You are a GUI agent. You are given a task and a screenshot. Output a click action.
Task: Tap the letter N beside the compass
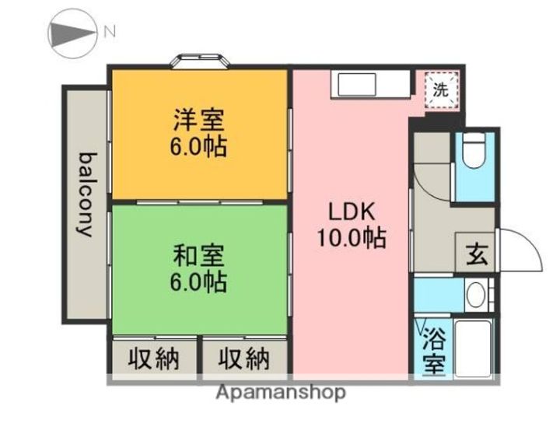[x=110, y=32]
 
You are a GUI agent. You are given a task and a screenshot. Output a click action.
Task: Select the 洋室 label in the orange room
[x=199, y=121]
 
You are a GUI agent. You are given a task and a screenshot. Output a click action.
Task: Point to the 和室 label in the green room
[x=199, y=254]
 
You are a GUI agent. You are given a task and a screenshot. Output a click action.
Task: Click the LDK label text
[x=351, y=212]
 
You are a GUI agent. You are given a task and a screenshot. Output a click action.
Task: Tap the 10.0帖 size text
[x=351, y=238]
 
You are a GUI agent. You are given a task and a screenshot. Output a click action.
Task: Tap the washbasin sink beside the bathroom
[x=475, y=295]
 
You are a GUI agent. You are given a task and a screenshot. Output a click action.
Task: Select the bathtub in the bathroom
[x=472, y=348]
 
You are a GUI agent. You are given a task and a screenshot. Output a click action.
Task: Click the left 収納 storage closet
[x=153, y=359]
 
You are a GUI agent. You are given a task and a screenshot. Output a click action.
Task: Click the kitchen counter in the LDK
[x=370, y=82]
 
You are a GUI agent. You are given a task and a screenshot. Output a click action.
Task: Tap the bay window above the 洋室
[x=201, y=61]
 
